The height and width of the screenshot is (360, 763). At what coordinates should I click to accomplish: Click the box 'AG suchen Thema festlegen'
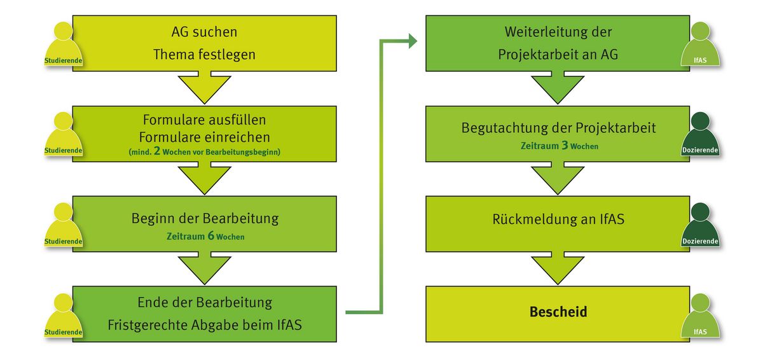(204, 43)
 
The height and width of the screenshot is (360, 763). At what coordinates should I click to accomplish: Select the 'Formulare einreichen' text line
(204, 137)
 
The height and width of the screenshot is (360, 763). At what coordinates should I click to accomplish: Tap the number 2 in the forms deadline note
(156, 152)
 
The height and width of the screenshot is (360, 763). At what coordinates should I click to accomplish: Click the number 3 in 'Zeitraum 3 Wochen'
(564, 146)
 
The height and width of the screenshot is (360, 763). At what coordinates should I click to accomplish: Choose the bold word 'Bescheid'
(558, 312)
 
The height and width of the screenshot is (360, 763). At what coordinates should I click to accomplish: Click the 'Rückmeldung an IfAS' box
(557, 219)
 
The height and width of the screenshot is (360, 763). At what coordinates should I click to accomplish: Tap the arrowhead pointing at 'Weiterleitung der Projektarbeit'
(412, 42)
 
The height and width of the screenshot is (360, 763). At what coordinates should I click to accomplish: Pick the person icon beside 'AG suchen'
(64, 45)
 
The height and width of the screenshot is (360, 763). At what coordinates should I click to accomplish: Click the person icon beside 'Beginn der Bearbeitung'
(64, 226)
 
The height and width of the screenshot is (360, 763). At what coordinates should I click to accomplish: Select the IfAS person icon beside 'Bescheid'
(699, 315)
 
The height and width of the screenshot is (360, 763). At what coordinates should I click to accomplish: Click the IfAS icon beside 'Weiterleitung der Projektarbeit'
(699, 45)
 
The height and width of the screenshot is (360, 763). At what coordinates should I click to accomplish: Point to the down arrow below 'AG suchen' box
(204, 88)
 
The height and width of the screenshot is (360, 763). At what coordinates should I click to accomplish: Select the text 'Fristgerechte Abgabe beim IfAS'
(204, 325)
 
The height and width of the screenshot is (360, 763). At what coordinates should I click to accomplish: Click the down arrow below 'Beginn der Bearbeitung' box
(204, 269)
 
